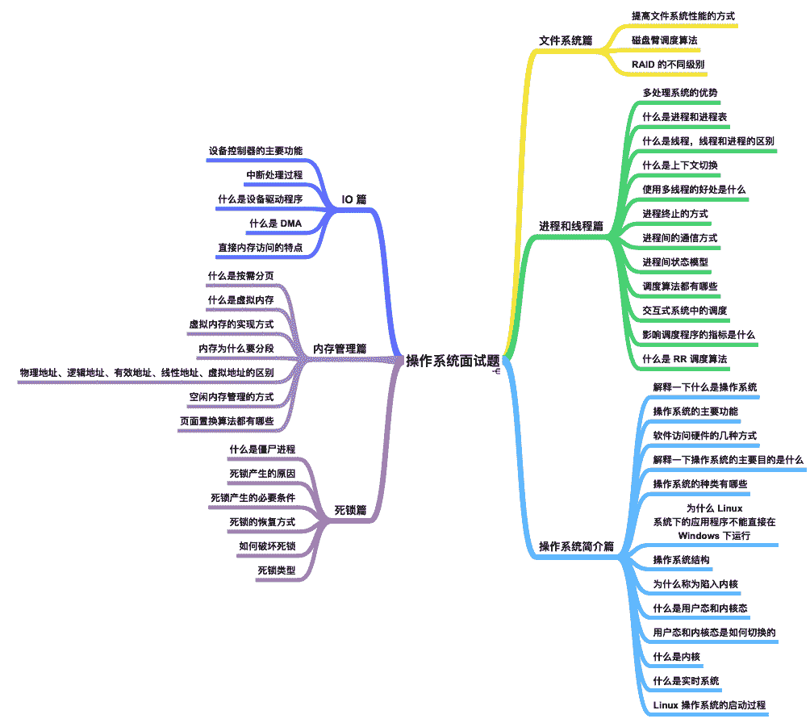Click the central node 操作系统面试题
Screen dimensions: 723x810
tap(453, 360)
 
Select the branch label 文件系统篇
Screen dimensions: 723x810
tap(566, 40)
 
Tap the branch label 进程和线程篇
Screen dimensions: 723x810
tap(571, 226)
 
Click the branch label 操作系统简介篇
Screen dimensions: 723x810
tap(576, 546)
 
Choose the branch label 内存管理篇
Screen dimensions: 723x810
tap(340, 349)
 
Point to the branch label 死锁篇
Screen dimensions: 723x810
tap(351, 510)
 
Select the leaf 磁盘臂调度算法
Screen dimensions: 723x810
tap(665, 40)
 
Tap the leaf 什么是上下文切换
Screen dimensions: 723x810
tap(680, 165)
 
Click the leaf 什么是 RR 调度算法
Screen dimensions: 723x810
tap(685, 359)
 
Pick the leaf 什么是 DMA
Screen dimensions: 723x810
tap(276, 224)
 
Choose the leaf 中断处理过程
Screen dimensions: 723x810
tap(274, 175)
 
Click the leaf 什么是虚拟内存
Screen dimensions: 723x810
tap(240, 300)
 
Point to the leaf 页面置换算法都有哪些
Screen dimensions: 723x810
tap(227, 421)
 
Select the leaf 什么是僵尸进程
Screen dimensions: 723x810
tap(262, 449)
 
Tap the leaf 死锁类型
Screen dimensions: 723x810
tap(276, 570)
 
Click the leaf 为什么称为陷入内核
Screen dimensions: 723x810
tap(695, 584)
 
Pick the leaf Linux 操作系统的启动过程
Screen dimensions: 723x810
tap(709, 705)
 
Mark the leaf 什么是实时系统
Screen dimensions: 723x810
tap(686, 681)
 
